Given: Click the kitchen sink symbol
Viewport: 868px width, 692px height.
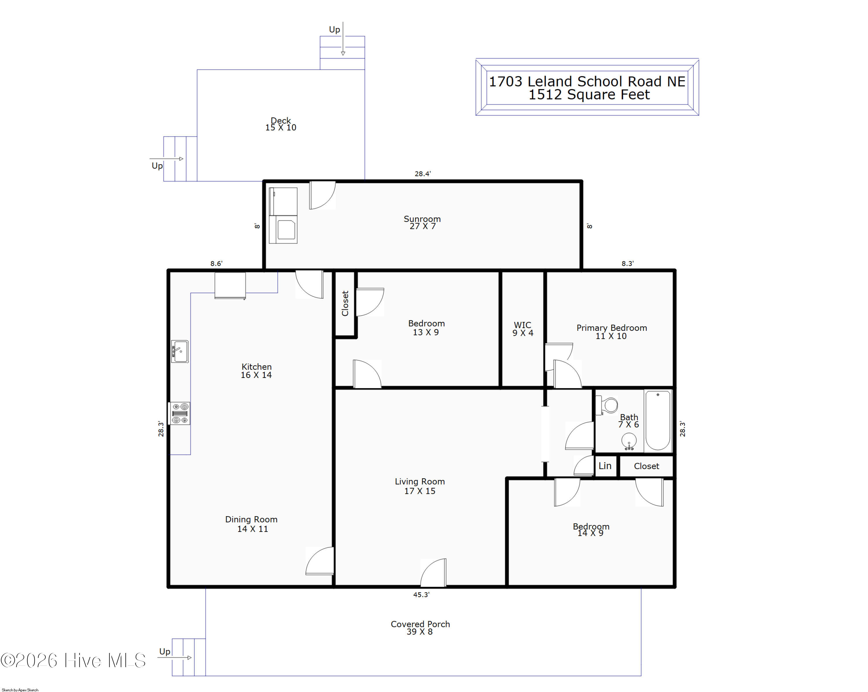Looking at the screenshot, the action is [x=180, y=351].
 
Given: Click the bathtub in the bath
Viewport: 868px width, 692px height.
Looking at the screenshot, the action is [x=658, y=421].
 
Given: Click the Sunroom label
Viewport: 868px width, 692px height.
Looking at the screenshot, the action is [x=422, y=219].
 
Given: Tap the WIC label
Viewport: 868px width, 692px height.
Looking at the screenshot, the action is [x=523, y=325].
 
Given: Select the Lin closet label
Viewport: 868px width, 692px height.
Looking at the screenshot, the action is [x=605, y=466].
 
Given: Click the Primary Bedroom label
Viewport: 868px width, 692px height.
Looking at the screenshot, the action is [x=612, y=328].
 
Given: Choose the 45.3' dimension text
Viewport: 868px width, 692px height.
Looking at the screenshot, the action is [x=421, y=595].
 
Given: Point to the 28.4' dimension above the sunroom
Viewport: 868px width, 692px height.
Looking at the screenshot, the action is [x=423, y=174].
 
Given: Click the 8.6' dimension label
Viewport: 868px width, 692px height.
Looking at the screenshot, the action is [x=216, y=263].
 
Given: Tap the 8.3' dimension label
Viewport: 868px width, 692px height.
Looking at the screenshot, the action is [x=628, y=263].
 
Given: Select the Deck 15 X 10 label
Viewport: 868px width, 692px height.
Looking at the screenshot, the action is [x=281, y=124].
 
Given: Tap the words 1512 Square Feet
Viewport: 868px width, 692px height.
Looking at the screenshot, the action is [x=589, y=95].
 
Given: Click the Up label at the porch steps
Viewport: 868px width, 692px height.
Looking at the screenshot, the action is [x=165, y=651].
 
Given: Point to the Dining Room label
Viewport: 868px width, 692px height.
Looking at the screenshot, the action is [x=251, y=519].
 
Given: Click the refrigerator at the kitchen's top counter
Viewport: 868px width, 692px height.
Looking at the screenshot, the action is [x=230, y=286].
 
